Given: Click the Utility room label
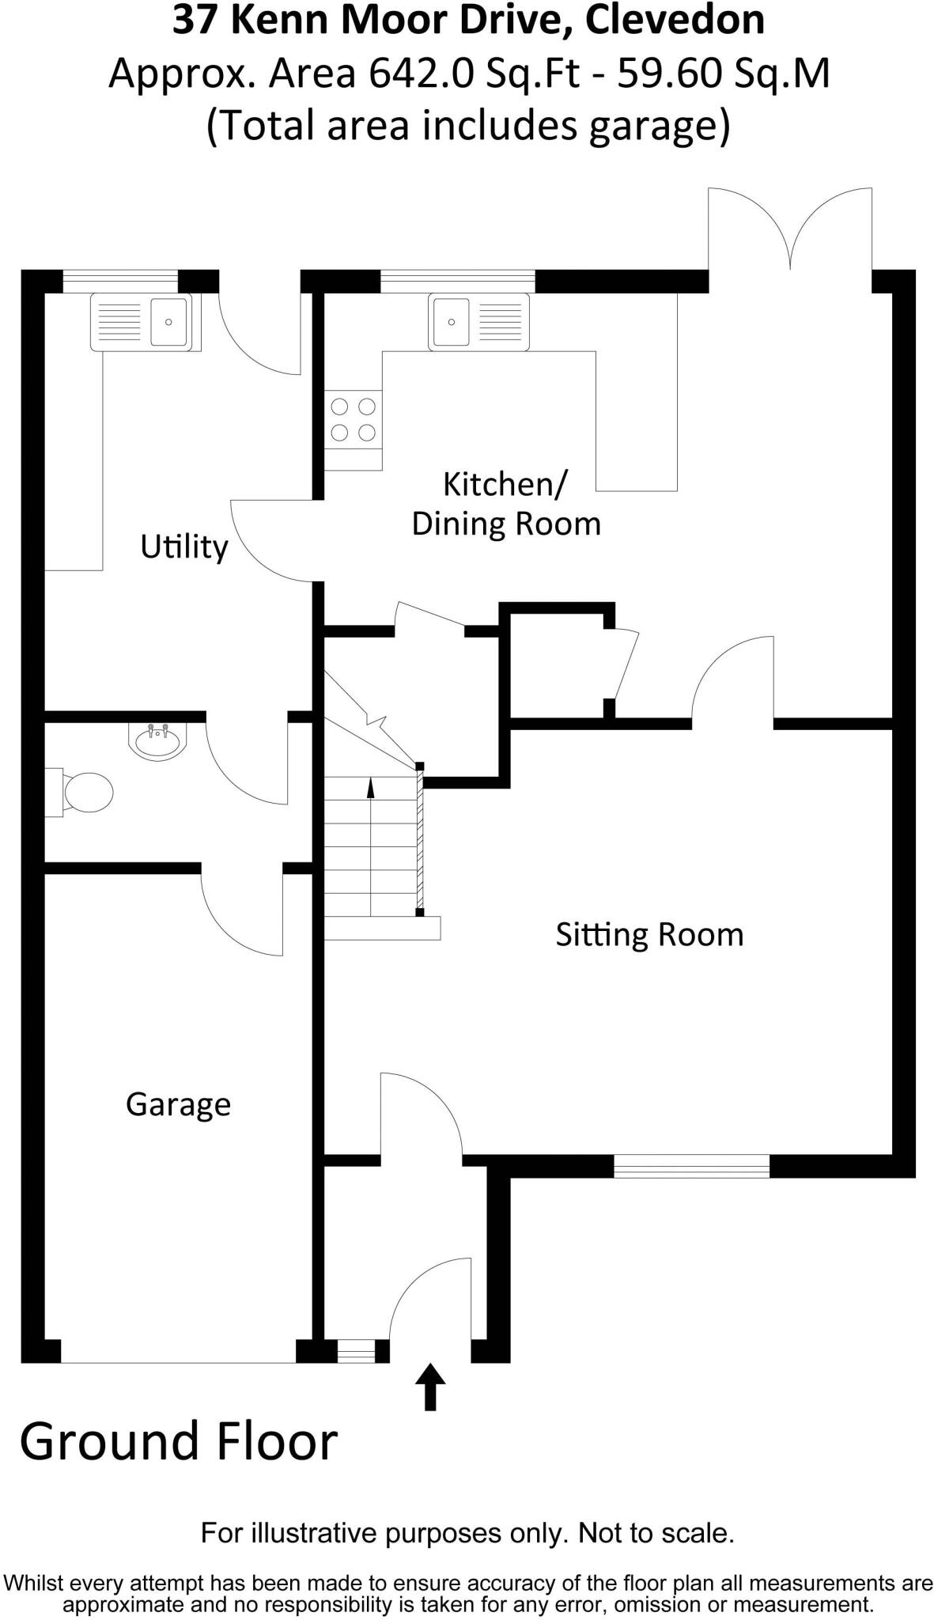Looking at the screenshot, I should pos(183,547).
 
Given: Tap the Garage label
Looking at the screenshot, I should pos(178,1104).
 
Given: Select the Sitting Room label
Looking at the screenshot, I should pos(649,934).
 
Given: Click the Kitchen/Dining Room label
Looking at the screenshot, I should pos(505,504).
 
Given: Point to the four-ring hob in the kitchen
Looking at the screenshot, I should pos(353,419).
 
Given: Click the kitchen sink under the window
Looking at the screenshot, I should pos(478,322).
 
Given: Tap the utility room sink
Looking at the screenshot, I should pos(146,322).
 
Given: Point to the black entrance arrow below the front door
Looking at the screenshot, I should pos(430,1386).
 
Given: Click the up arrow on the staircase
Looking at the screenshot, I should pos(371,791).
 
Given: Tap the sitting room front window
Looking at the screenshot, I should pos(691,1166).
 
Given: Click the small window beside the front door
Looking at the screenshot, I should pos(356,1350).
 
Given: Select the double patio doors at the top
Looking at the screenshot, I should pos(789,233).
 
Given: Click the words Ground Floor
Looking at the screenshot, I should pos(179,1443).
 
